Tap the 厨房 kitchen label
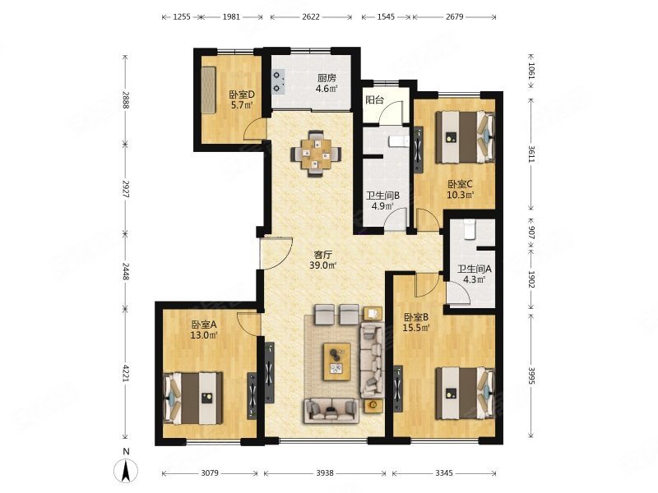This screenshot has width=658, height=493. pos(327,77)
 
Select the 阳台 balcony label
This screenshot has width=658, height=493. pos(375,99)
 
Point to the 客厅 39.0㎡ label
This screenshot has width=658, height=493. pos(323,260)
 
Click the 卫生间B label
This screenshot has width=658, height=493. pos(382,196)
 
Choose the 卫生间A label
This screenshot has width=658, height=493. pos(475,269)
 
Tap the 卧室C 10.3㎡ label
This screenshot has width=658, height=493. pos(461,189)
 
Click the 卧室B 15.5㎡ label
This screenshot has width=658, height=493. pos(416,322)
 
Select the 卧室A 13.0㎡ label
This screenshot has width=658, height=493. pos(203,329)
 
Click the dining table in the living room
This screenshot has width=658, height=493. pos(316,154)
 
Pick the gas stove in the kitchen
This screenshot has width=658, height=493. pos(278,81)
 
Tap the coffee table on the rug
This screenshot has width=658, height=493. pos(336,362)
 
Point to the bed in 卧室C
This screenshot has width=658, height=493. pos(466,137)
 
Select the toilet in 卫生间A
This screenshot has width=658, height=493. pos(469,229)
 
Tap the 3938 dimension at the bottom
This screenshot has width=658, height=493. pos(325,473)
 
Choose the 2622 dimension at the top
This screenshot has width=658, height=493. pos(311,16)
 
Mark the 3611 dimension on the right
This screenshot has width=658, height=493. pos(531,154)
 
